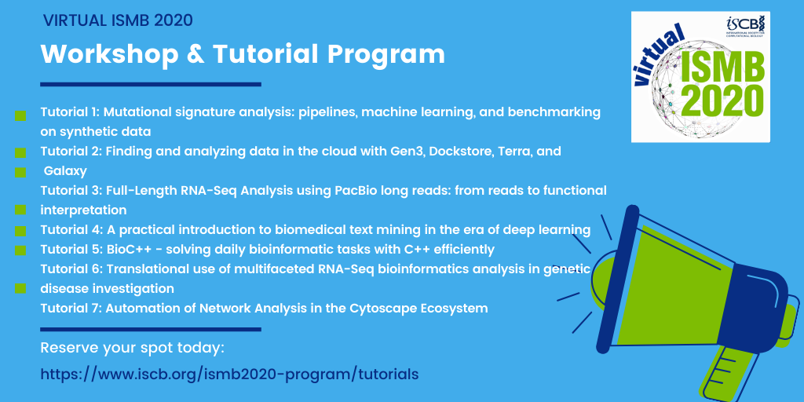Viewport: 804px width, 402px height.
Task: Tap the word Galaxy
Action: tap(65, 170)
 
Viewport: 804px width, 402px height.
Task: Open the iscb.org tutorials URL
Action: tap(229, 375)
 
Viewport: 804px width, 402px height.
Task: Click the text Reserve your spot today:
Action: tap(132, 348)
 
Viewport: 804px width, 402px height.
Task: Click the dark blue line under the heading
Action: tap(150, 84)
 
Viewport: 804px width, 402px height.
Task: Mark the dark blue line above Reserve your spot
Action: tap(150, 329)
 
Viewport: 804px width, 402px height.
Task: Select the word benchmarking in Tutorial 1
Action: tap(554, 112)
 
